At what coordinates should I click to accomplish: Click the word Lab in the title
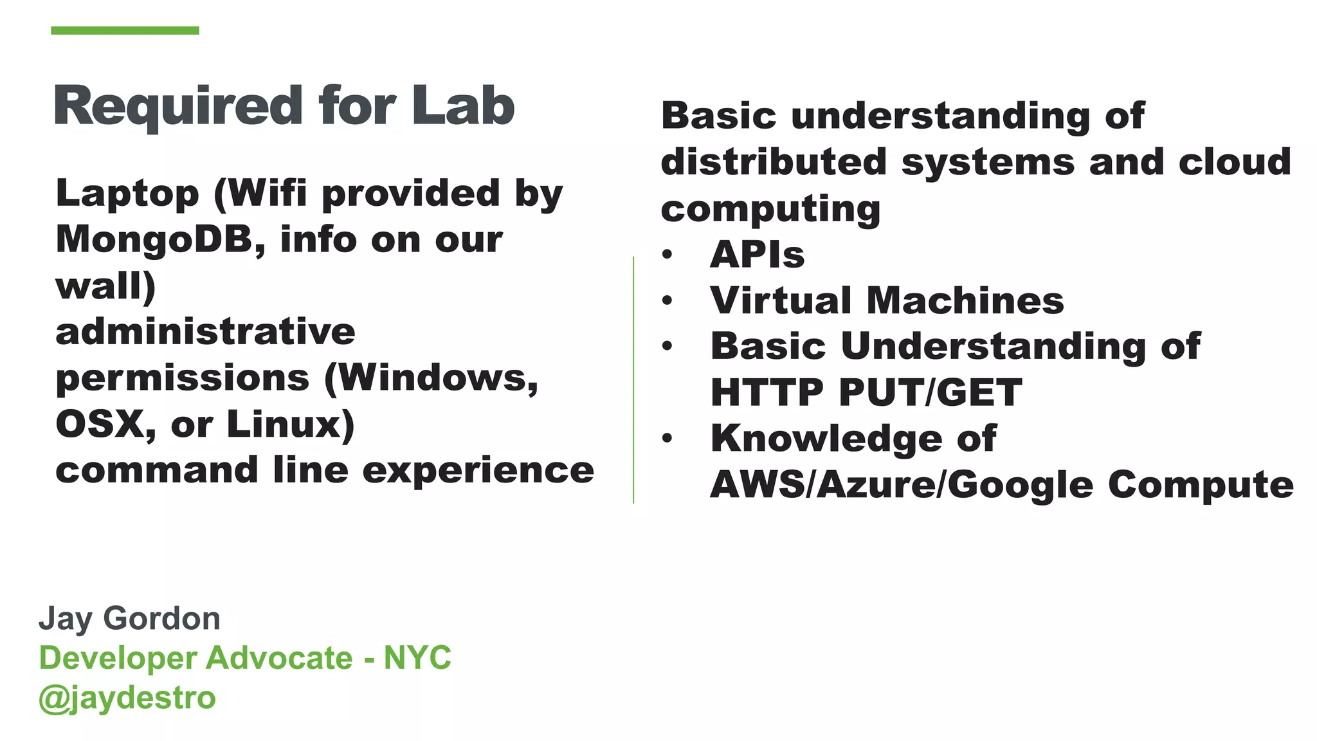coord(463,106)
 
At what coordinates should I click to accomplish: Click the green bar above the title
coord(125,30)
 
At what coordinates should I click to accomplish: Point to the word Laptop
coord(127,194)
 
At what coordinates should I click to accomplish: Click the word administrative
coord(205,332)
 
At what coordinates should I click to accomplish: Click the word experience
coord(478,470)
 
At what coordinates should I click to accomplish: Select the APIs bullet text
coord(757,255)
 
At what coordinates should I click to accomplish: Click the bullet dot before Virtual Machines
coord(668,300)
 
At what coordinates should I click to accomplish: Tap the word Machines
coord(965,300)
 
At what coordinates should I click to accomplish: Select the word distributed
coord(774,162)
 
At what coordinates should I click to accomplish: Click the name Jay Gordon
coord(129,619)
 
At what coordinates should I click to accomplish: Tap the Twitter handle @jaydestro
coord(127,698)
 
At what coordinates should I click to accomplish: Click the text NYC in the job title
coord(417,658)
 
